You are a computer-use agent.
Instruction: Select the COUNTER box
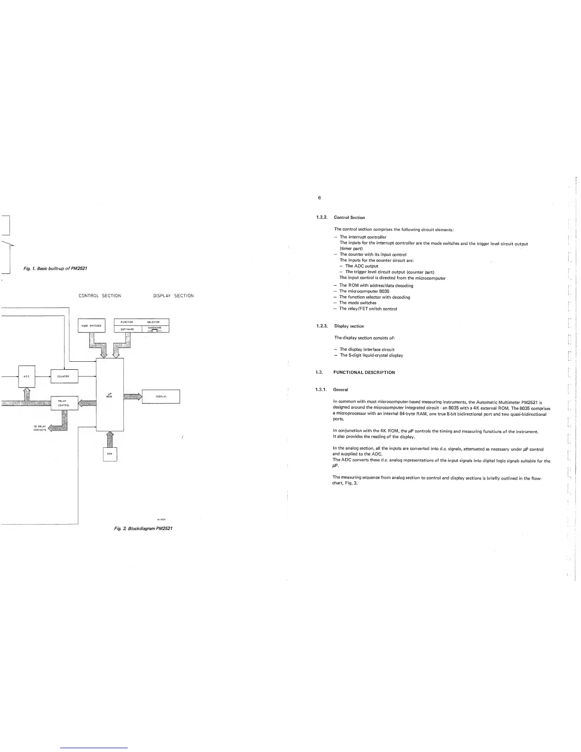(64, 376)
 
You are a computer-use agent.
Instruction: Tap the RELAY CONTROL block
(64, 403)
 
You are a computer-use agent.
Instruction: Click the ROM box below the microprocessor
(110, 454)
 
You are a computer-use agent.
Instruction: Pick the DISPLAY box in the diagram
(161, 396)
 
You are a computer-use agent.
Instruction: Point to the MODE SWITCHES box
(91, 326)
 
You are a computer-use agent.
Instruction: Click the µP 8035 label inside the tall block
(109, 395)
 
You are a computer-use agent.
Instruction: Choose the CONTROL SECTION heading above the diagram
(100, 296)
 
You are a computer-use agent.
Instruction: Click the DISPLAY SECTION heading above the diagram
(173, 296)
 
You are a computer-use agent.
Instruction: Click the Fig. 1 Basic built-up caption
(55, 269)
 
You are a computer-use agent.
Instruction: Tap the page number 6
(319, 197)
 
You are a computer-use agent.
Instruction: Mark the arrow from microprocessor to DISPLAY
(132, 396)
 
